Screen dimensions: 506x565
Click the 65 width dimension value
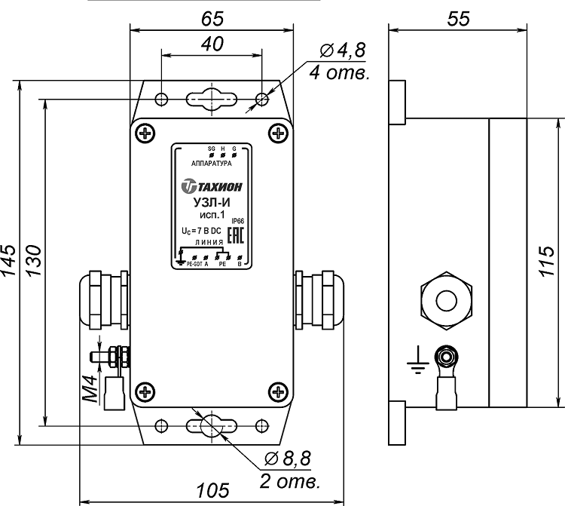pos(212,17)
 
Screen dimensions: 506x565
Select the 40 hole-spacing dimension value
pos(212,44)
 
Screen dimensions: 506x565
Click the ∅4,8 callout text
pos(342,51)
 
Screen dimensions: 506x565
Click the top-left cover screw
pos(144,134)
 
